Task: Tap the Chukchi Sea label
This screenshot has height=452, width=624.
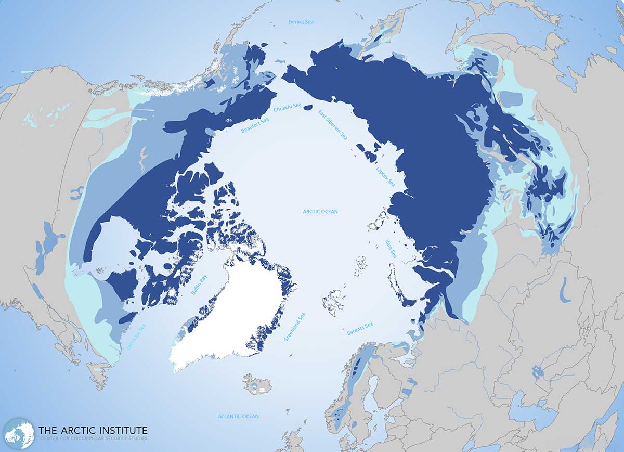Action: coord(288,108)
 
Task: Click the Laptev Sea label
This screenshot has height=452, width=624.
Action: coord(385,176)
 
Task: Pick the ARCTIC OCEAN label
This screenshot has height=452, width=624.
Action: coord(320,212)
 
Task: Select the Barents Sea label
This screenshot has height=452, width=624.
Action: coord(360,329)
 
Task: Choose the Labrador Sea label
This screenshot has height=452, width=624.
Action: coord(136,337)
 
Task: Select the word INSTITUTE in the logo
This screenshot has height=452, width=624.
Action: coord(122,431)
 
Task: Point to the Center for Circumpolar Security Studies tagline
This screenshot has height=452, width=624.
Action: coord(93,441)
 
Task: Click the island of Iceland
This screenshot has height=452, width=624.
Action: coord(258,384)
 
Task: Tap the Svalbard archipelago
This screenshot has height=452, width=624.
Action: coord(333,302)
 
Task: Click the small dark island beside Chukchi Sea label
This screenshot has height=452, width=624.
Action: coord(308,108)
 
